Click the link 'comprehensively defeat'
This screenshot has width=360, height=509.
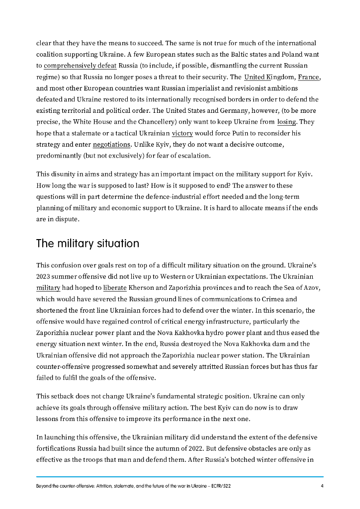(x=80, y=66)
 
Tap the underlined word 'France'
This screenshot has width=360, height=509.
(x=309, y=77)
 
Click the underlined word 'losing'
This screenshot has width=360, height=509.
(x=287, y=122)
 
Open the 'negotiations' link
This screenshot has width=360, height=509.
(x=111, y=145)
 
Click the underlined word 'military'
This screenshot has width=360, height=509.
(x=48, y=288)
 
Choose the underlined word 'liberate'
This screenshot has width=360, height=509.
(x=115, y=288)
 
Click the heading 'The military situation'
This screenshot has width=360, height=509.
(x=88, y=244)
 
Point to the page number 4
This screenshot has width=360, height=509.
(x=322, y=486)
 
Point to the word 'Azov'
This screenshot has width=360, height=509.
(x=312, y=288)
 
